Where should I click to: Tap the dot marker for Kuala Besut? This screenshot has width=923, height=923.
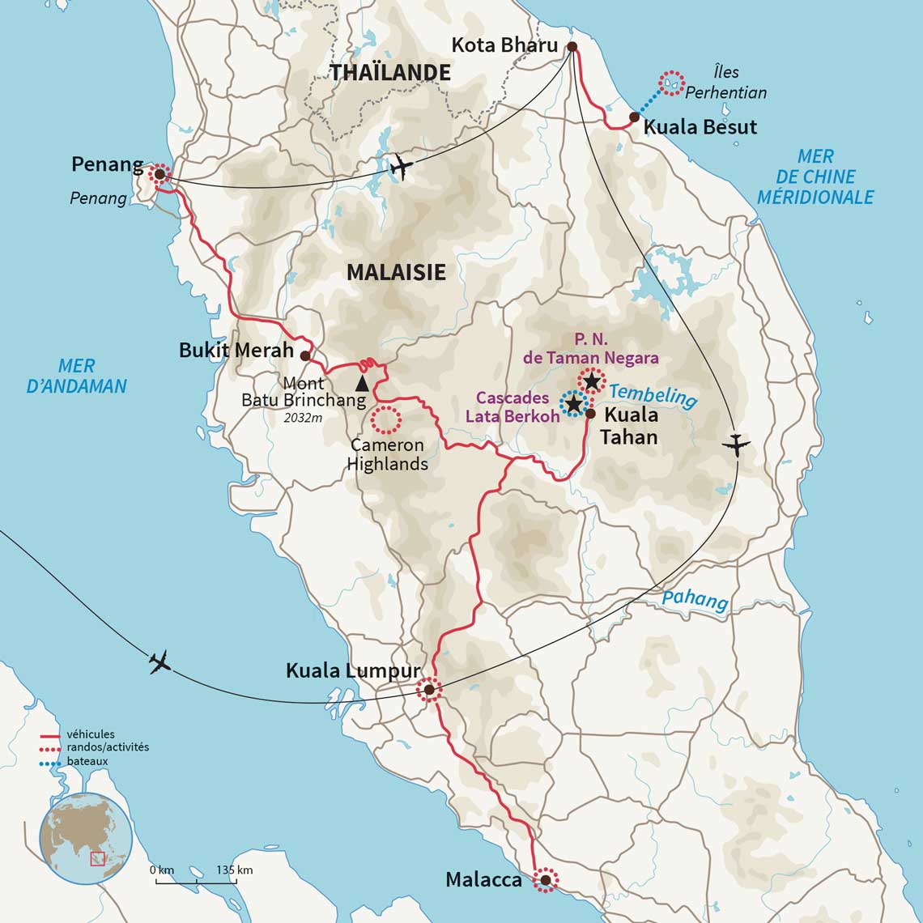634,117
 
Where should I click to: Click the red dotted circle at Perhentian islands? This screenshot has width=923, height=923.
671,83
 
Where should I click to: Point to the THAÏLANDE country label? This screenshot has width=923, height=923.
389,73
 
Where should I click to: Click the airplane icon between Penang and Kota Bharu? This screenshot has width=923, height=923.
400,167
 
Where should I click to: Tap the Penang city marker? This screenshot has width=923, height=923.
160,173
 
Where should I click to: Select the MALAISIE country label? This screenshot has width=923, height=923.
396,272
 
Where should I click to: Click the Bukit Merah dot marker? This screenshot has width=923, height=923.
305,355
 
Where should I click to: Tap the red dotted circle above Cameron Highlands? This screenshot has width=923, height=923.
385,419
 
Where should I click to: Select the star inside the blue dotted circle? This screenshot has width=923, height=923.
573,402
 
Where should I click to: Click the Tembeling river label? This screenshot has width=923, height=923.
653,396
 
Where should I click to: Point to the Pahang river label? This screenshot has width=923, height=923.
695,600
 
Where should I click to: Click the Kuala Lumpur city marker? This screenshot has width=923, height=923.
428,690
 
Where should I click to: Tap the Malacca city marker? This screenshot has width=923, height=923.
546,880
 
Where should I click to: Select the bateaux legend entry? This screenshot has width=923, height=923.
87,762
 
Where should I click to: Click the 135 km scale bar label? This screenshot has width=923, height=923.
234,870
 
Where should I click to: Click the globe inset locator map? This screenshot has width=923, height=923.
86,837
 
